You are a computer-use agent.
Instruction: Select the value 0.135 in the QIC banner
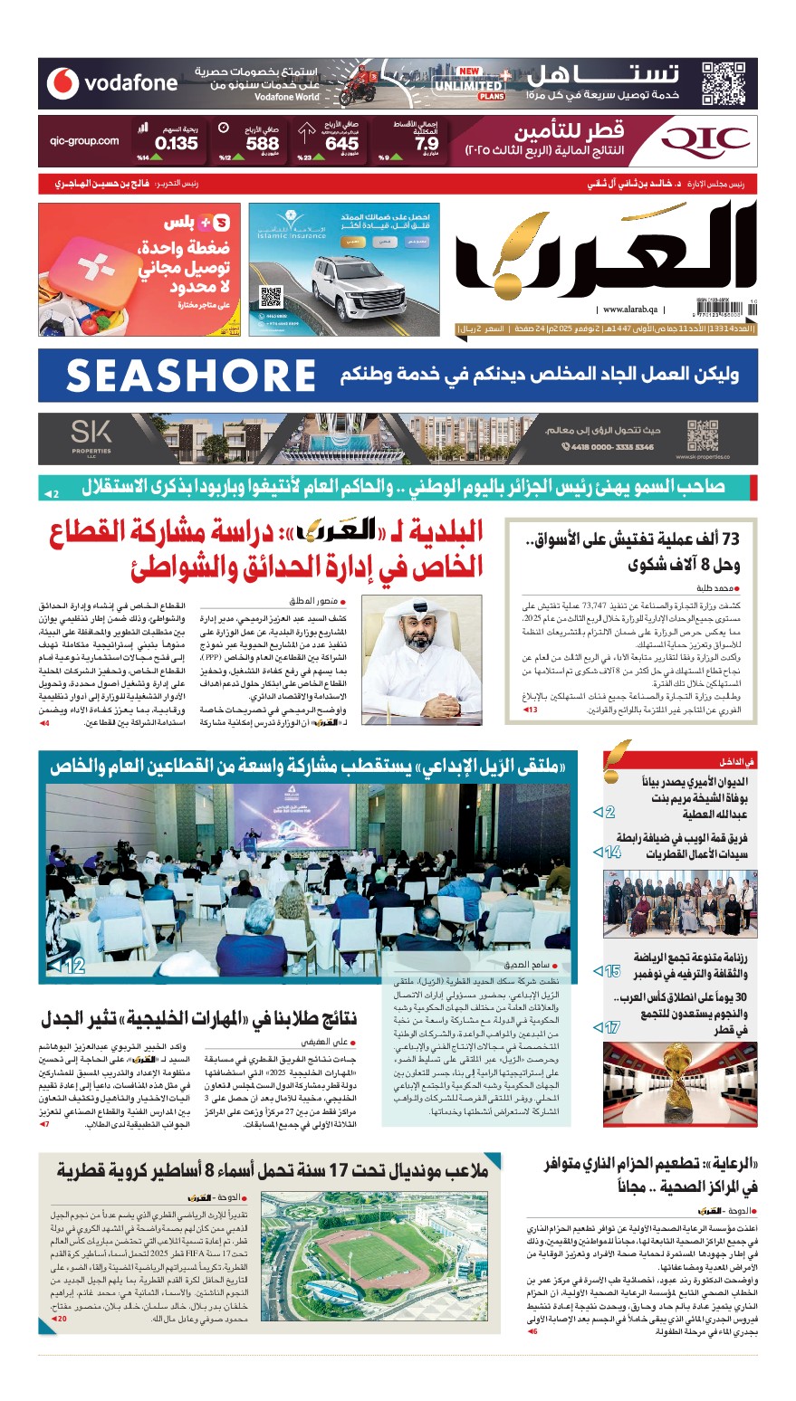tap(176, 143)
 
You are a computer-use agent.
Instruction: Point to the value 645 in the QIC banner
tap(341, 143)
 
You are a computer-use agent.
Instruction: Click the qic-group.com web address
tap(85, 141)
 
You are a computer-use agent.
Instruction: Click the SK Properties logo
tap(91, 437)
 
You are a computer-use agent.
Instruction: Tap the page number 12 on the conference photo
tap(72, 967)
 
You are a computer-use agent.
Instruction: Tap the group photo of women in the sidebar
tap(680, 902)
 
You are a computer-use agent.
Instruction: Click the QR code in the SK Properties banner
tap(703, 437)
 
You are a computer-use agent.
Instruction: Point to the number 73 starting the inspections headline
tap(729, 539)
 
